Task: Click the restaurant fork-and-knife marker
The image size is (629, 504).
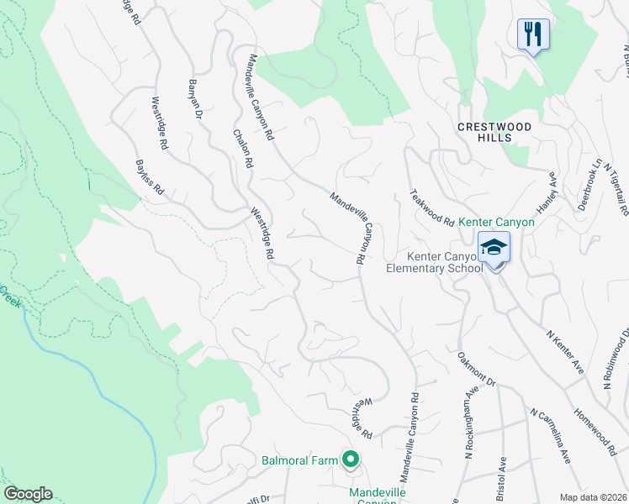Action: click(533, 34)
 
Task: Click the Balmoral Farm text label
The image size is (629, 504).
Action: click(298, 460)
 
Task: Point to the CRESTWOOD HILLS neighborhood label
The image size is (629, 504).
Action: click(495, 132)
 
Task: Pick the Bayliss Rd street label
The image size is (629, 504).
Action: click(150, 179)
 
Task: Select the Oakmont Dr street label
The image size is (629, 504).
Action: click(477, 370)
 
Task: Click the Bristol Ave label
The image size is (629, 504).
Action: click(503, 475)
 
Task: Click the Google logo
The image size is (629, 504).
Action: click(28, 494)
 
